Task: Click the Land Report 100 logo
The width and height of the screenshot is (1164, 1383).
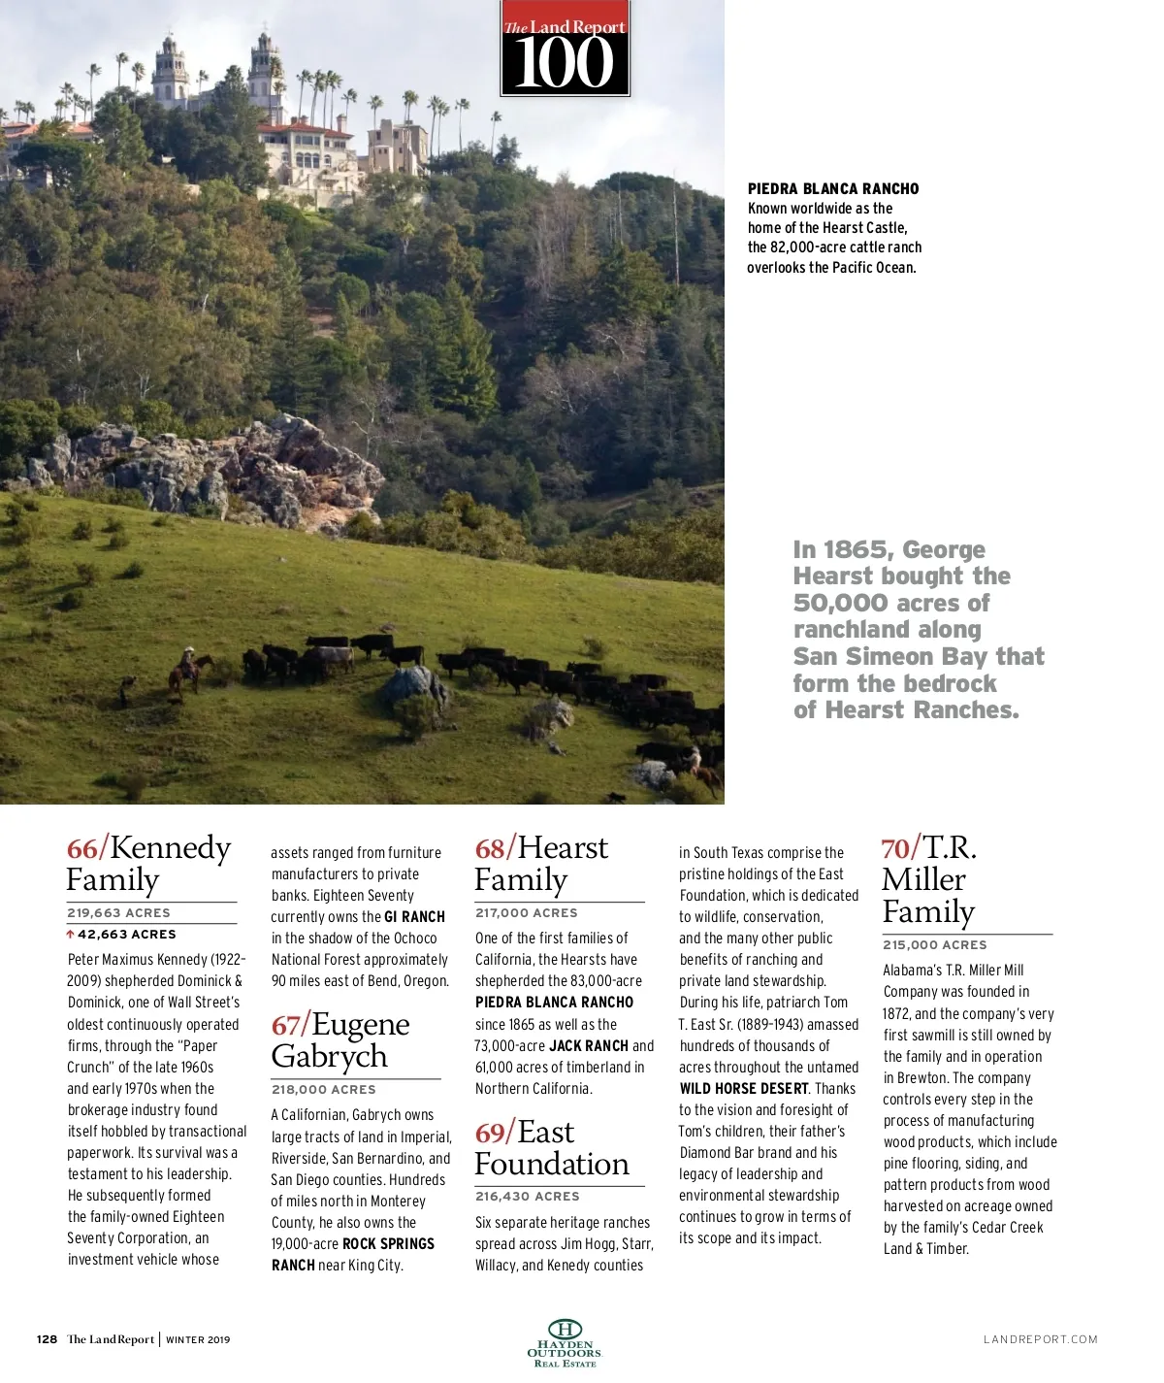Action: [565, 49]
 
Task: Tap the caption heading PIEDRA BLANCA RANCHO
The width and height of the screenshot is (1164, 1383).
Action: [833, 189]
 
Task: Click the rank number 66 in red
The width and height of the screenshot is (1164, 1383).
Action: [81, 849]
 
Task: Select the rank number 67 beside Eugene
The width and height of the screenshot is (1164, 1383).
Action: [286, 1026]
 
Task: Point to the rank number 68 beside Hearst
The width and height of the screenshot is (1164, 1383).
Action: [490, 849]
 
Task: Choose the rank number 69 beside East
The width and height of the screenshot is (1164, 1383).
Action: [490, 1134]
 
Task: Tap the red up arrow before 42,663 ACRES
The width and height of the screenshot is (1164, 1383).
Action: [70, 935]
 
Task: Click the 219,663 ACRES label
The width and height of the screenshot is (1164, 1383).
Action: [118, 913]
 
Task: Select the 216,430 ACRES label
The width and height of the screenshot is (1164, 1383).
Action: [527, 1197]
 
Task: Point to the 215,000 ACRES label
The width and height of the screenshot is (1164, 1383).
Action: [934, 945]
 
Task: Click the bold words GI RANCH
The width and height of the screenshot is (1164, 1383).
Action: [414, 917]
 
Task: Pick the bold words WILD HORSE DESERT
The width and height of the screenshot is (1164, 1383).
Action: [744, 1089]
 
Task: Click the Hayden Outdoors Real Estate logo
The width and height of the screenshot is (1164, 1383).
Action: [565, 1343]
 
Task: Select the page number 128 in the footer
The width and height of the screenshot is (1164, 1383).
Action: [47, 1340]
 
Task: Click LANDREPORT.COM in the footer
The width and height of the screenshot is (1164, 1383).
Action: [1040, 1340]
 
